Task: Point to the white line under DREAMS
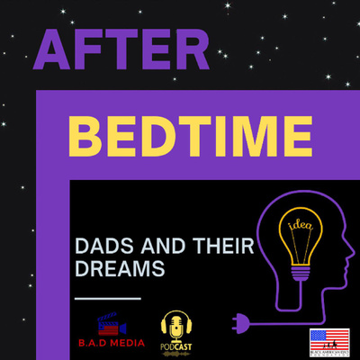106,297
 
